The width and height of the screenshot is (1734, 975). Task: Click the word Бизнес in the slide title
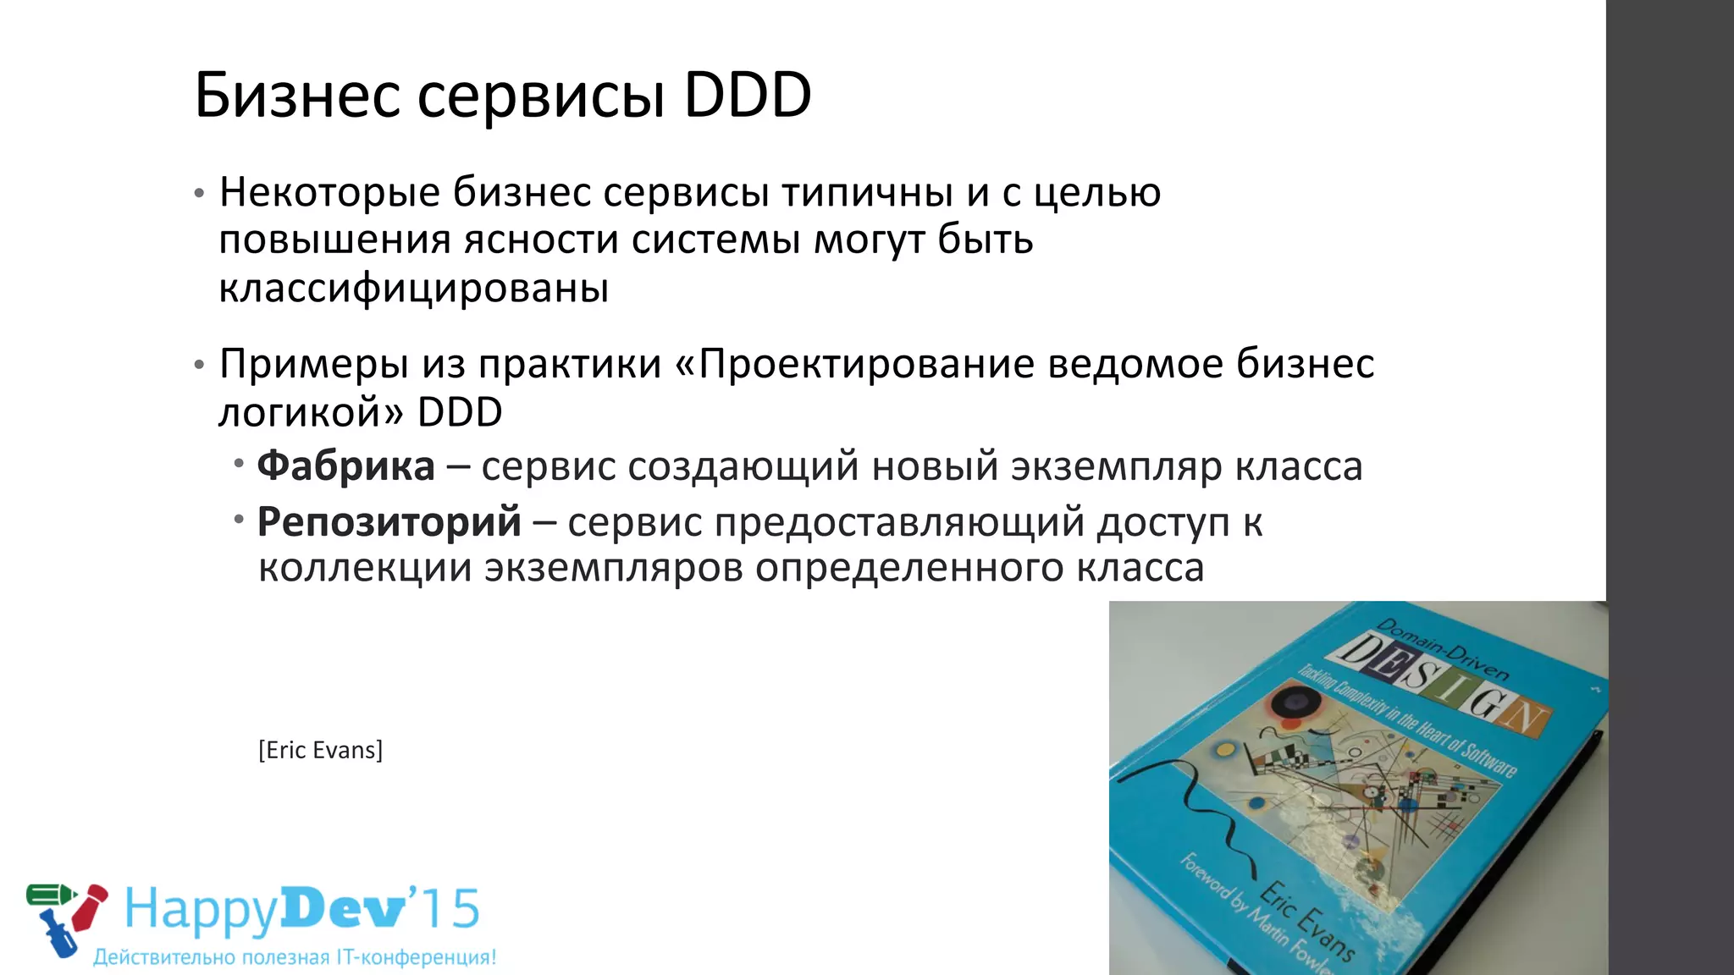pos(297,95)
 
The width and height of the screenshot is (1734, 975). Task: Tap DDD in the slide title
pos(748,95)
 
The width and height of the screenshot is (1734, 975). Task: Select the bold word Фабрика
pos(345,465)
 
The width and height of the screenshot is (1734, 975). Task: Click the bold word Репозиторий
pos(389,521)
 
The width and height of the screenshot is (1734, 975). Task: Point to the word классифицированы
pos(413,288)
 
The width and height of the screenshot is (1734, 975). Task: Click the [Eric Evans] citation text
pos(320,750)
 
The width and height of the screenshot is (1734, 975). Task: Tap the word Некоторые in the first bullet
pos(329,192)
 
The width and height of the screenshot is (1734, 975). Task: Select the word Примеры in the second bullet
pos(314,364)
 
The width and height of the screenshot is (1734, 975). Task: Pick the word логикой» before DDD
pos(312,413)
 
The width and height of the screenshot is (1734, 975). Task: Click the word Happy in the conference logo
pos(202,910)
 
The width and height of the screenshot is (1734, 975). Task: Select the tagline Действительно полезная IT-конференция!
pos(295,957)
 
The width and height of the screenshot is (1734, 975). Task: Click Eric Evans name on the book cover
pos(1307,923)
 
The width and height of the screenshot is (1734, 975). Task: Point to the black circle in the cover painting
pos(1292,702)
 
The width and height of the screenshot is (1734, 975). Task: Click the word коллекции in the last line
pos(365,567)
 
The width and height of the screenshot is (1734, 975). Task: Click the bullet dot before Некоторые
pos(199,194)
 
